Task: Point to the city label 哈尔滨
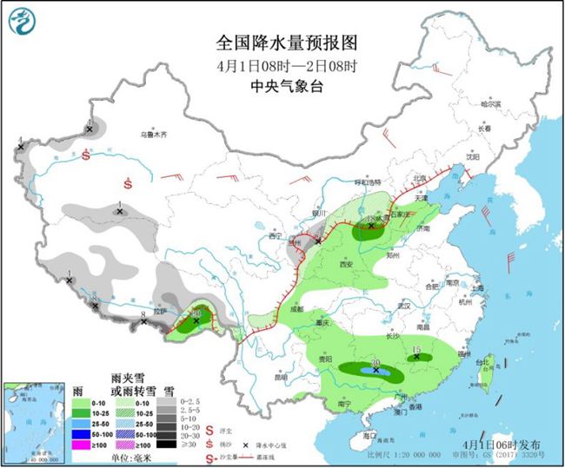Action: (x=493, y=102)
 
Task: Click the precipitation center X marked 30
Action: (x=376, y=370)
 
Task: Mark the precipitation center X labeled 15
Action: (x=415, y=355)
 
